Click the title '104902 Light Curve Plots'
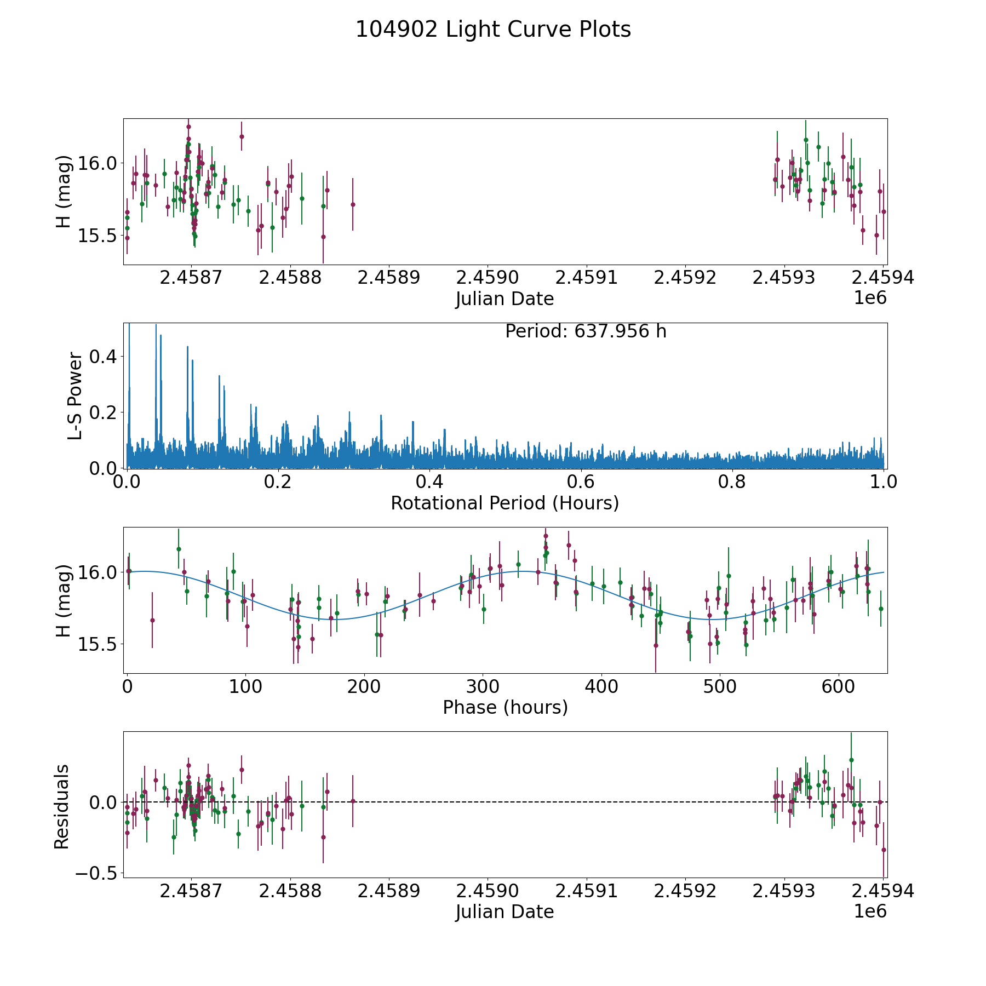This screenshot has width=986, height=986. (x=493, y=30)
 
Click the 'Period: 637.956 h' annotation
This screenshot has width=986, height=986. (x=586, y=331)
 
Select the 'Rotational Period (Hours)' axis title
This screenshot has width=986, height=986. (x=505, y=503)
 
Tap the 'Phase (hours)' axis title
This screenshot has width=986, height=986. (x=505, y=707)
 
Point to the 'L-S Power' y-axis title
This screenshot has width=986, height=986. (x=76, y=396)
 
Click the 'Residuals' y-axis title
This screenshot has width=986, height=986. (x=62, y=806)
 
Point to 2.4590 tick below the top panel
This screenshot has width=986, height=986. (x=488, y=278)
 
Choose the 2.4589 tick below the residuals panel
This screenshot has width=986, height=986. (x=389, y=891)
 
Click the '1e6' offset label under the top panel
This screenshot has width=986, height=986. (x=870, y=298)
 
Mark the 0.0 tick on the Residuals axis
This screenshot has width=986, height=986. (x=104, y=802)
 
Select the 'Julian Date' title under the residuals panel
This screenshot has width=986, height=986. (x=505, y=912)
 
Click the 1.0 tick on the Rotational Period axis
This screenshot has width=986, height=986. (x=884, y=482)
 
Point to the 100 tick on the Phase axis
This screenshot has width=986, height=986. (x=245, y=686)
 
